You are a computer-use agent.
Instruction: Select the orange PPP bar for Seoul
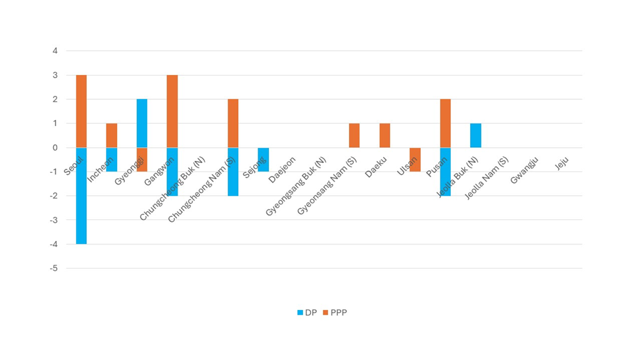click(81, 111)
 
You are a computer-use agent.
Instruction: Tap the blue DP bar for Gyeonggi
click(142, 123)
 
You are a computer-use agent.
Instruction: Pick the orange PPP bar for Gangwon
click(172, 111)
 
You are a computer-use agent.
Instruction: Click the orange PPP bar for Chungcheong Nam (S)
click(233, 123)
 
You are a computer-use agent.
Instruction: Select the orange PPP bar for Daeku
click(385, 135)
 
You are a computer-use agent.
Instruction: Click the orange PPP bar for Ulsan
click(415, 160)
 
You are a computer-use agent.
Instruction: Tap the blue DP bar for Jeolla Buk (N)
click(475, 135)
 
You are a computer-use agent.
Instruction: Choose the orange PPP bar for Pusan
click(445, 123)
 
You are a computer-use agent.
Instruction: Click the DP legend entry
click(307, 313)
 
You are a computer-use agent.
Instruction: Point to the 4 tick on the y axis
click(55, 51)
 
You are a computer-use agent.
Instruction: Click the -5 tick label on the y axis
click(53, 268)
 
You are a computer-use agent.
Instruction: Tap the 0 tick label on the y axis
click(55, 148)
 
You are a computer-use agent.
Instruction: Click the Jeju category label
click(561, 164)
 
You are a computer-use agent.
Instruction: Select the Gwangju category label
click(524, 169)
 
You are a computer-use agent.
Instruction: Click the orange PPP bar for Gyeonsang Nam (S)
click(354, 135)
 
